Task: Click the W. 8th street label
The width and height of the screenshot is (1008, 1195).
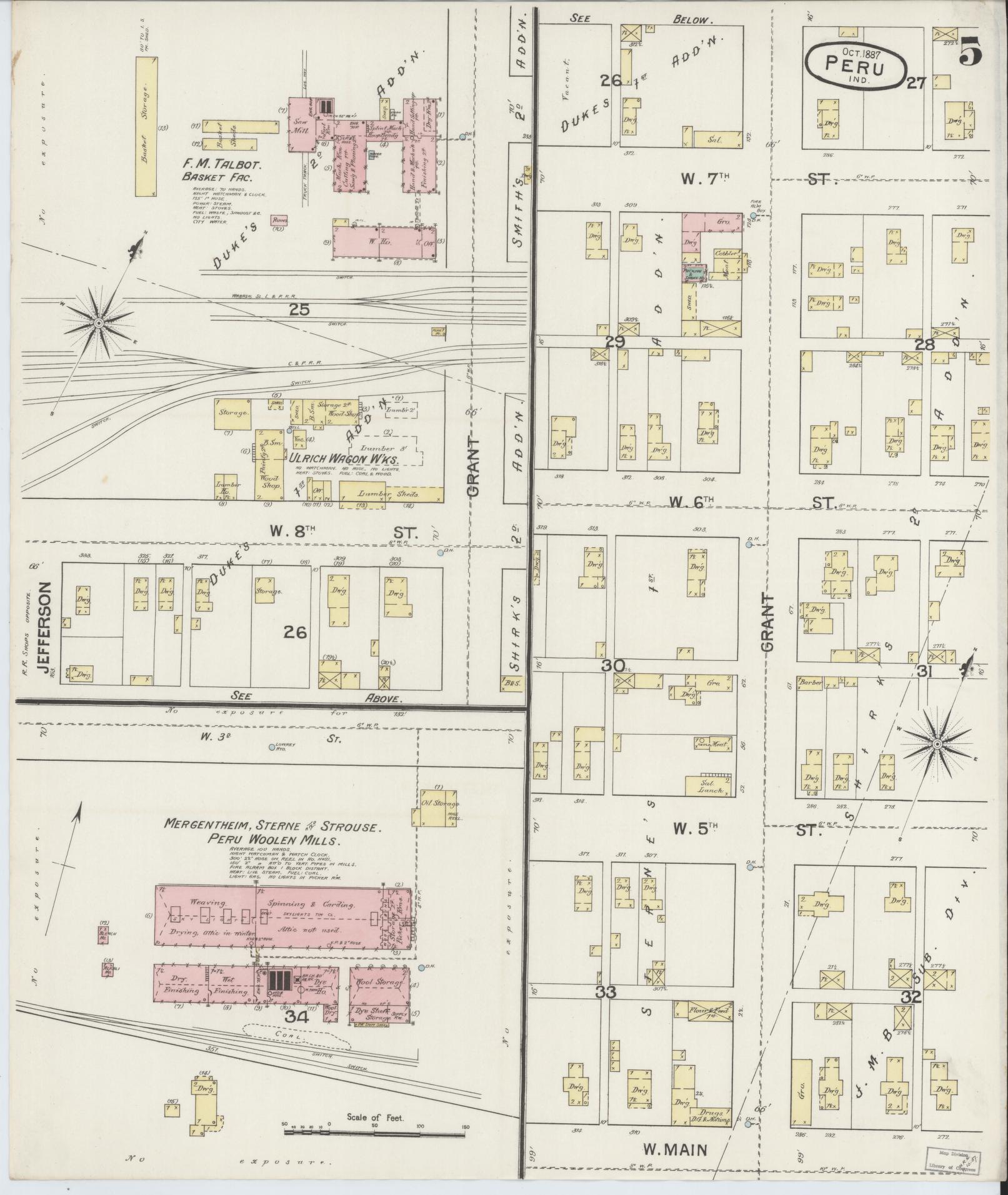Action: [292, 532]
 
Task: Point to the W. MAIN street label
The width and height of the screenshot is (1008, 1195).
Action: [674, 1149]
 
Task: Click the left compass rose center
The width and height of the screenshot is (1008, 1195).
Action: [98, 323]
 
